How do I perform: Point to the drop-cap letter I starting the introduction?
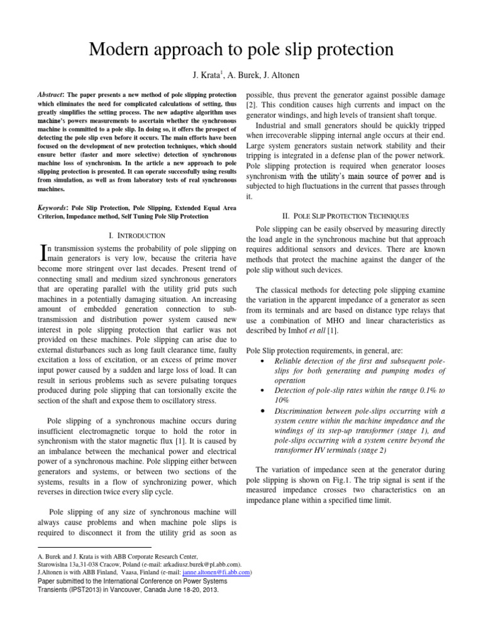43,252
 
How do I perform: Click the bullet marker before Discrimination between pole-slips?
261,411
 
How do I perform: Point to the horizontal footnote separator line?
94,548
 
